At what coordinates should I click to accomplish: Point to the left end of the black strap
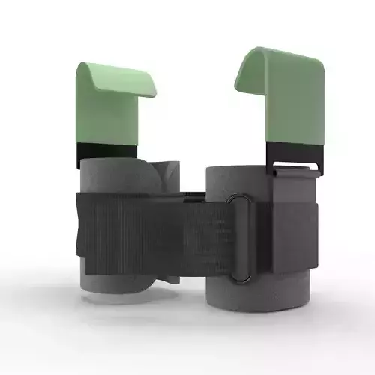(x=81, y=232)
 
